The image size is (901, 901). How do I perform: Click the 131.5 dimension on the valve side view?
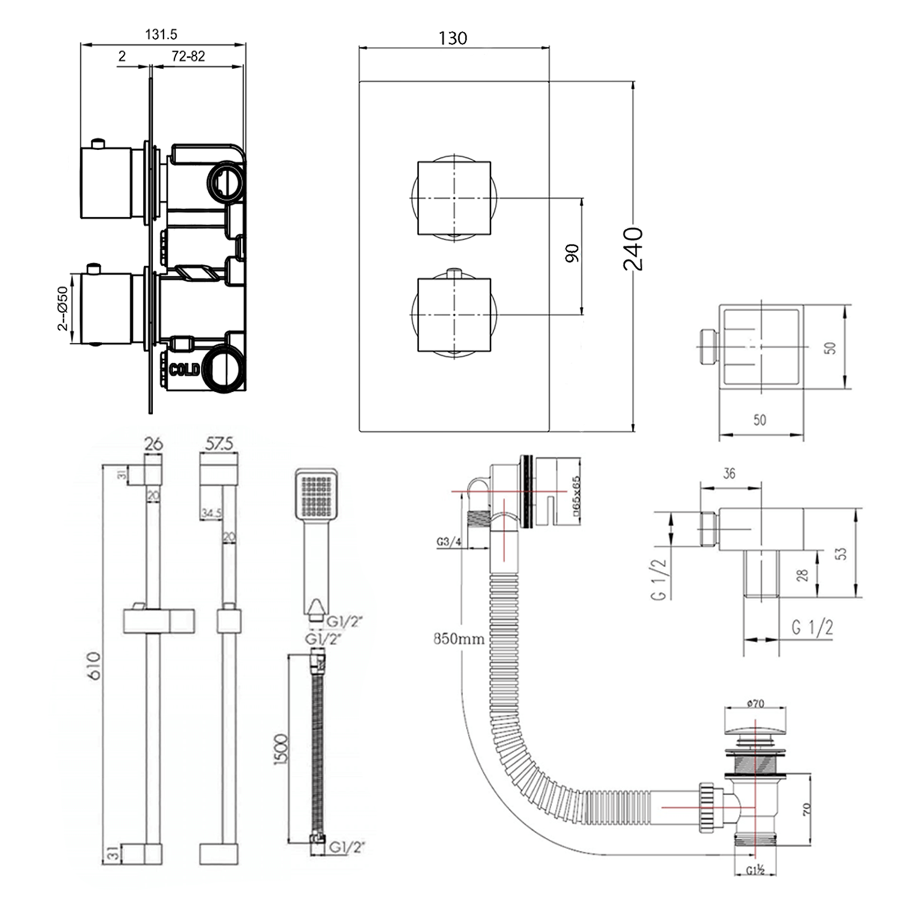click(161, 35)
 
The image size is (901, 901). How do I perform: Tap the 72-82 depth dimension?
click(188, 56)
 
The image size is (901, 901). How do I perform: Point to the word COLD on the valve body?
click(184, 369)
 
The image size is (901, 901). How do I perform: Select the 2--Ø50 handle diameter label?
click(62, 308)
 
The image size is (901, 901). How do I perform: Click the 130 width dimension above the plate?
click(452, 38)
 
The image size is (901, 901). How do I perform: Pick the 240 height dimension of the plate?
click(633, 249)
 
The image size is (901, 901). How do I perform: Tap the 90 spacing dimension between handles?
click(572, 253)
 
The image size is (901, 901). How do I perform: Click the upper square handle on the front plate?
click(454, 198)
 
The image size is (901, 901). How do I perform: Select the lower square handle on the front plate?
click(454, 314)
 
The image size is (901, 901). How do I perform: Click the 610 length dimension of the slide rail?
click(95, 666)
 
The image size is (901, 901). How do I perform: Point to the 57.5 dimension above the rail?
click(219, 444)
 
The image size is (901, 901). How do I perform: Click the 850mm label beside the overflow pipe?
click(459, 639)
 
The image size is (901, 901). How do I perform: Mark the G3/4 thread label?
click(449, 542)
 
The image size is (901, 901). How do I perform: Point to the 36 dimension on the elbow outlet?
click(729, 473)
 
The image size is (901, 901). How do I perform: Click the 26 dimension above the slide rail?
click(153, 444)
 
